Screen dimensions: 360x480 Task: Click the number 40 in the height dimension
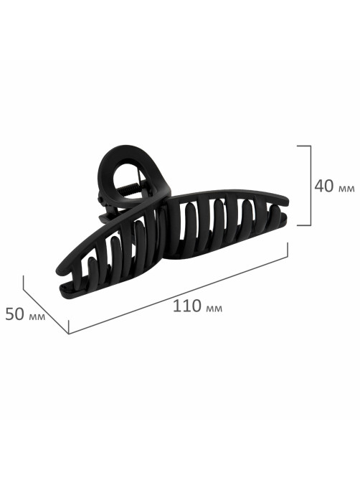coord(325,186)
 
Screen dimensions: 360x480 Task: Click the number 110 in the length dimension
coord(187,306)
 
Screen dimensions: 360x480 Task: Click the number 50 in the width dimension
coord(14,314)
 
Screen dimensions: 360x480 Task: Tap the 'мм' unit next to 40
coord(347,189)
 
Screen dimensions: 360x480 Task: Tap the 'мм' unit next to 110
coord(214,309)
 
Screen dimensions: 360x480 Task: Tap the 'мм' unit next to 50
coord(37,316)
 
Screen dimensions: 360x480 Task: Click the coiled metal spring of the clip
coord(131,188)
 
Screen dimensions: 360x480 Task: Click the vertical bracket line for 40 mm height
coord(311,186)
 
